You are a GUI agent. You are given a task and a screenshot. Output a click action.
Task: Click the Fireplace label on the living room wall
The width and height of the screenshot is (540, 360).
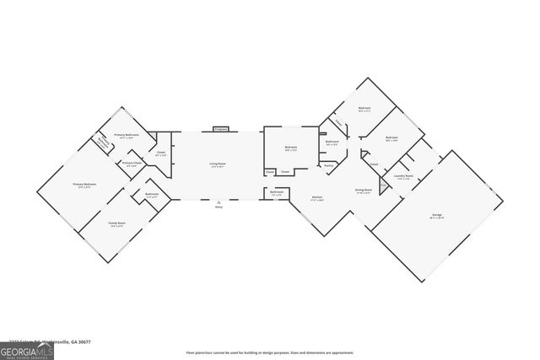[x=221, y=129]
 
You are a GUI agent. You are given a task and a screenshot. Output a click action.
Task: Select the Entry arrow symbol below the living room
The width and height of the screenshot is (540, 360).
[x=219, y=202]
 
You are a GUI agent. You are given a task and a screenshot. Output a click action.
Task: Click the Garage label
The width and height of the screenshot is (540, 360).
[x=437, y=215]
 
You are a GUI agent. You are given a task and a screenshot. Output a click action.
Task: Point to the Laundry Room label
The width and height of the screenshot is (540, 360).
[x=404, y=177]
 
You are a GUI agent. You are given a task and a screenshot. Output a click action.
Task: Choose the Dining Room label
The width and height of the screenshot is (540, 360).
[x=364, y=191]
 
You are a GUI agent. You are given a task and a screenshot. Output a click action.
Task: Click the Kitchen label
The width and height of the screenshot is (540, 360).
[x=318, y=199]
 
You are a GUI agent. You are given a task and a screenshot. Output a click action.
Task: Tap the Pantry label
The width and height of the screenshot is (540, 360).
[x=329, y=167]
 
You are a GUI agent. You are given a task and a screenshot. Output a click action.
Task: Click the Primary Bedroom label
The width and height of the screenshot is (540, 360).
[x=84, y=184]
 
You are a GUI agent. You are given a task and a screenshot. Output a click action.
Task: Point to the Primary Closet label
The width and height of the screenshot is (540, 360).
[x=132, y=164]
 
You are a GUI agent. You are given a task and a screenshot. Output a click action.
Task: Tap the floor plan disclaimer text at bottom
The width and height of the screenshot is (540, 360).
[x=269, y=352]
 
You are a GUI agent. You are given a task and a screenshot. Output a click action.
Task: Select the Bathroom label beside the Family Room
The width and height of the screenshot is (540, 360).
[x=152, y=195]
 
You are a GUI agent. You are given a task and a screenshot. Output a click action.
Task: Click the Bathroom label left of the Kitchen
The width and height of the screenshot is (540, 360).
[x=277, y=191]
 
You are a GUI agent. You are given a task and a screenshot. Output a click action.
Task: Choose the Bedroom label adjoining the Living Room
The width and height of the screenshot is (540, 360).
[x=291, y=148]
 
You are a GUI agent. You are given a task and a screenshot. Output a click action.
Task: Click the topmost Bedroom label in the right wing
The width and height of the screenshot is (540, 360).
[x=364, y=109]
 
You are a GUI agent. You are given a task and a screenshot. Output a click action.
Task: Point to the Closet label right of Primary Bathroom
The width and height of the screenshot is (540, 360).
[x=161, y=153]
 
